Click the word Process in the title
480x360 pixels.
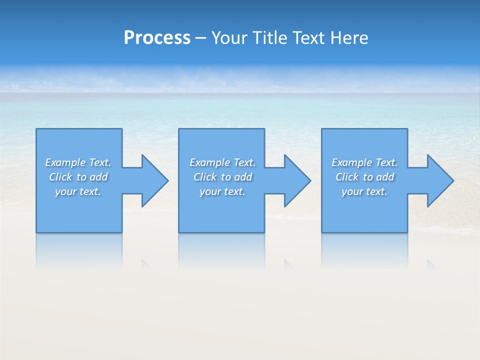click(157, 38)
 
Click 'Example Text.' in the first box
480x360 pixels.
click(78, 162)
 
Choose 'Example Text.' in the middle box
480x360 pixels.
click(222, 162)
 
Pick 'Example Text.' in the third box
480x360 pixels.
click(364, 162)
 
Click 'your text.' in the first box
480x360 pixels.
click(78, 191)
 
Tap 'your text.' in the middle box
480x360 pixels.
click(222, 191)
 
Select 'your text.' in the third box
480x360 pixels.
click(364, 191)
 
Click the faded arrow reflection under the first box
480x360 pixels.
click(145, 264)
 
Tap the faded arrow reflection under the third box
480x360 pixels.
click(430, 264)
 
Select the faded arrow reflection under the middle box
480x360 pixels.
click(288, 264)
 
